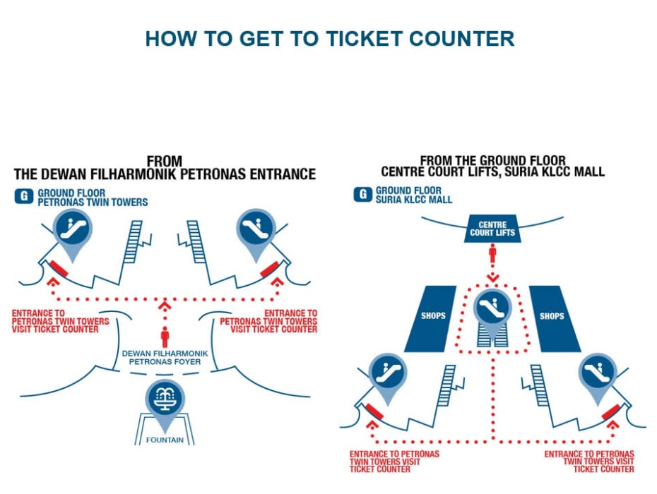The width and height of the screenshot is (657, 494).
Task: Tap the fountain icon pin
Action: coord(165,399)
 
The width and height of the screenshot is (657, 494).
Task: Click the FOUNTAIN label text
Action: coord(165,440)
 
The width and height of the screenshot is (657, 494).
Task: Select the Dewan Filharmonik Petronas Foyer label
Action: coord(165,357)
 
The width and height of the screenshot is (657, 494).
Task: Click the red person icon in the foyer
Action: coord(165,337)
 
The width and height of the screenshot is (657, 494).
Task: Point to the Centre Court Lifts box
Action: coord(492,229)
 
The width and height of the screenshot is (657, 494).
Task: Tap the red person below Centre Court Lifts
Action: coord(492,254)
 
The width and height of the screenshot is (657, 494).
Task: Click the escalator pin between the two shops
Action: coord(492,308)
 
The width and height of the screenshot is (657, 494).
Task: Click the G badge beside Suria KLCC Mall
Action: coord(363,195)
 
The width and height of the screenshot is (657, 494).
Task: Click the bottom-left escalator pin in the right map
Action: coord(386,372)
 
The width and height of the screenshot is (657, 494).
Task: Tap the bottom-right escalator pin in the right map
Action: coord(598,372)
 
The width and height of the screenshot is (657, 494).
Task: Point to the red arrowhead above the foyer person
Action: coord(165,306)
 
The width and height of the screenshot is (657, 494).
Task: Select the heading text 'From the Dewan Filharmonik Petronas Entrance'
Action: coord(164,168)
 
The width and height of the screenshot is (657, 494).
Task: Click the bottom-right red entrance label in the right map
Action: coord(589,462)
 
